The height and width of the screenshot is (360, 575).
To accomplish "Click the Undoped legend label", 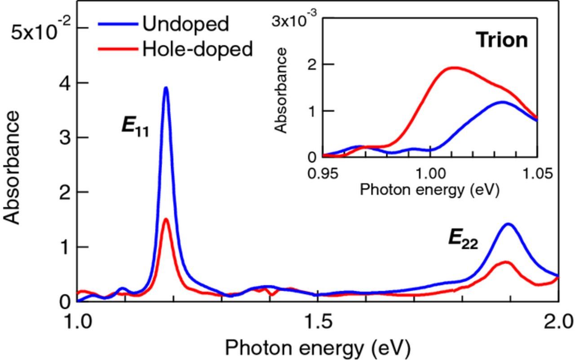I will [186, 24].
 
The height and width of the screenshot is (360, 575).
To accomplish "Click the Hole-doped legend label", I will [198, 49].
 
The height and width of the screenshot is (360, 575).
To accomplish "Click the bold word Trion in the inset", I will [502, 40].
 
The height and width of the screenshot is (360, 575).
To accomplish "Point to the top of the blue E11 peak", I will [166, 88].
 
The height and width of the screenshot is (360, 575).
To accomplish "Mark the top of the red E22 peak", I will [506, 262].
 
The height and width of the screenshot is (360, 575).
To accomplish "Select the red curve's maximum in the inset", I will [455, 68].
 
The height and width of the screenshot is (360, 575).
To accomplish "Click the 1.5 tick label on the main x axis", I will [318, 322].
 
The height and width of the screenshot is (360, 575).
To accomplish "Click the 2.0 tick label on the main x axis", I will [557, 322].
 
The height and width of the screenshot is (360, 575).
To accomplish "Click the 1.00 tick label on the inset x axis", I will [430, 173].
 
